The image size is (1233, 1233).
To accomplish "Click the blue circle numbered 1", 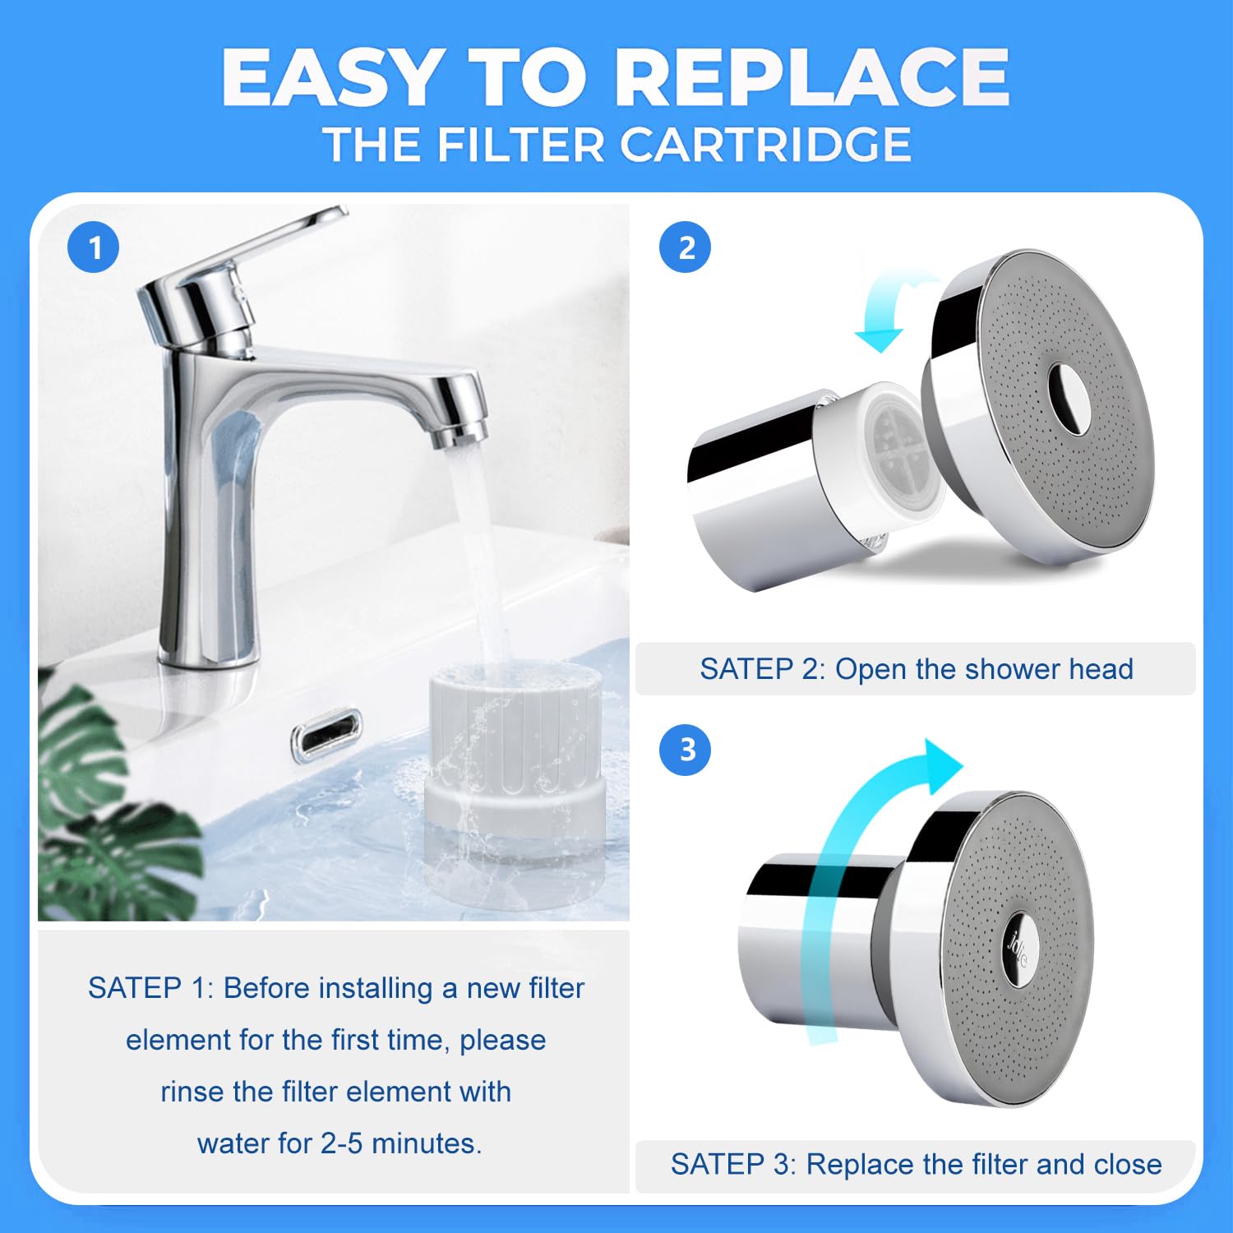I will pyautogui.click(x=94, y=247).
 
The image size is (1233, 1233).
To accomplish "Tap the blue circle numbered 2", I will pyautogui.click(x=686, y=247).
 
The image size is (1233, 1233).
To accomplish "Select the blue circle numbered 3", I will pyautogui.click(x=686, y=750).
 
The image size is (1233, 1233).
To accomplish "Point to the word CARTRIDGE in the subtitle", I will pyautogui.click(x=765, y=145).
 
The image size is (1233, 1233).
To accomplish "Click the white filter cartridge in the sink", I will pyautogui.click(x=515, y=781).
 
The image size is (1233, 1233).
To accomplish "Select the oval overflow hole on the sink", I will pyautogui.click(x=326, y=731).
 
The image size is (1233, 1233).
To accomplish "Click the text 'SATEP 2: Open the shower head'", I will pyautogui.click(x=916, y=669).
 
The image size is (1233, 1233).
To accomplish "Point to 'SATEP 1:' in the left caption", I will pyautogui.click(x=150, y=988).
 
